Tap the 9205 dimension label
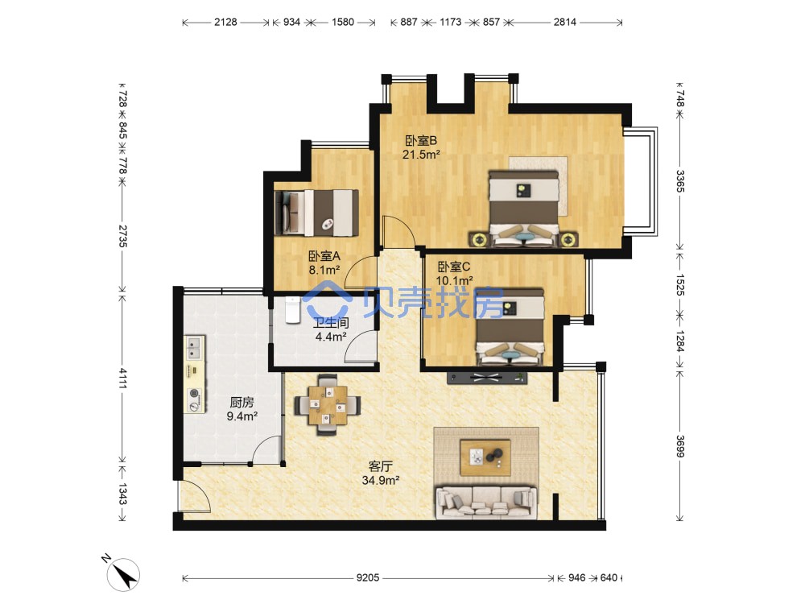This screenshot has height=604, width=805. click(368, 577)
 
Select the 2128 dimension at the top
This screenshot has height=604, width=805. click(225, 22)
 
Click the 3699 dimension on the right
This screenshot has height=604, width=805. click(679, 446)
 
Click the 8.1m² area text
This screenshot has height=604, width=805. click(324, 270)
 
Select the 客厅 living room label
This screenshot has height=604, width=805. click(381, 466)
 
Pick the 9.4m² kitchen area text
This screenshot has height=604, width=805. click(242, 416)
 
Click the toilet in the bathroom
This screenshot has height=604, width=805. click(292, 310)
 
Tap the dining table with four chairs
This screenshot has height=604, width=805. click(328, 405)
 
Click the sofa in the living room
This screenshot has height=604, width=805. click(486, 503)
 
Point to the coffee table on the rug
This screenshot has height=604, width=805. click(485, 457)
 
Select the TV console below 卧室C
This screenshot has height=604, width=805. click(487, 378)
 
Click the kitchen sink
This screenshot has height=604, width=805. click(194, 347)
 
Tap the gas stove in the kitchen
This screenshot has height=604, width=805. click(195, 399)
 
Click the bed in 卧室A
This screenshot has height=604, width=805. click(316, 213)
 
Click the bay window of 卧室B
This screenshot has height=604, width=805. click(642, 181)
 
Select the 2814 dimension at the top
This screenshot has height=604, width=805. click(565, 22)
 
